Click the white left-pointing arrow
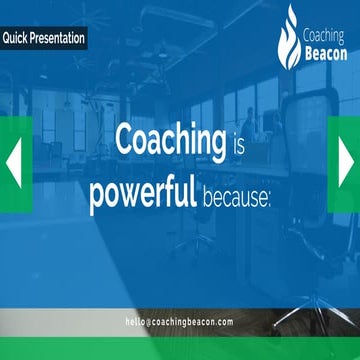(x=14, y=160)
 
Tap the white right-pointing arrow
(x=346, y=160)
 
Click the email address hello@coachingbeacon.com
(x=179, y=322)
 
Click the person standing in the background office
(x=240, y=125)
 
